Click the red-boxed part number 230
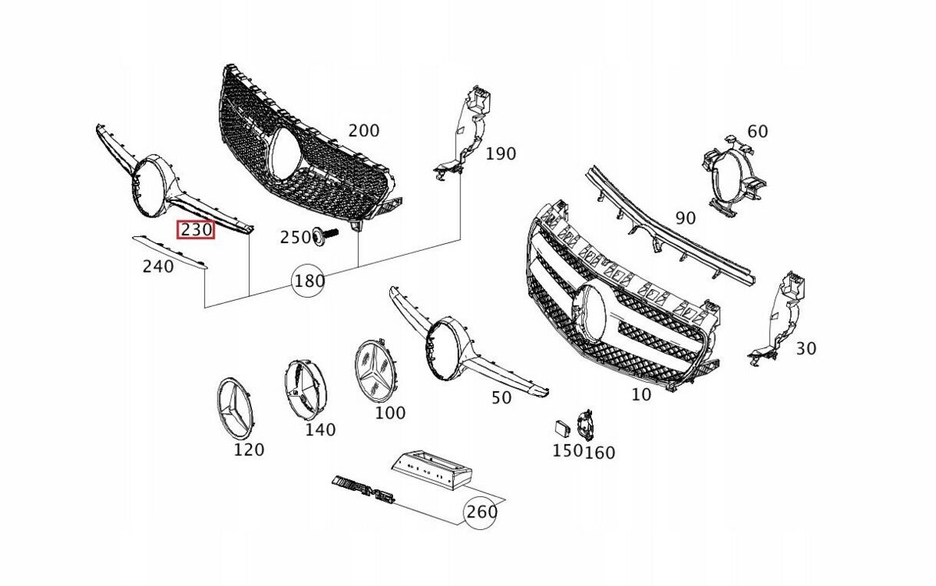195,231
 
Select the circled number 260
480,512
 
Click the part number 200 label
363,130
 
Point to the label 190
500,154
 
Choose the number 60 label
757,131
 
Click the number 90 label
685,218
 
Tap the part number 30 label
806,348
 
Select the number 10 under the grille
640,394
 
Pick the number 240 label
158,267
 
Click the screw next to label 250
325,235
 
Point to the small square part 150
561,427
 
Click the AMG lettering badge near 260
363,489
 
